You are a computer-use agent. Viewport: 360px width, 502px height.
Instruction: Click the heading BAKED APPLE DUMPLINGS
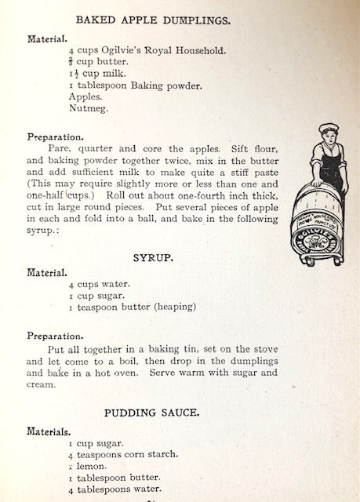coord(175,18)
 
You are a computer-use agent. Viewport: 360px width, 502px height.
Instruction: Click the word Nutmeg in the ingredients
coord(86,109)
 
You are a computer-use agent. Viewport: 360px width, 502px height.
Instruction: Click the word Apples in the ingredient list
coord(85,96)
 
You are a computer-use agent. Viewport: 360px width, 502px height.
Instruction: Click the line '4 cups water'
coord(100,286)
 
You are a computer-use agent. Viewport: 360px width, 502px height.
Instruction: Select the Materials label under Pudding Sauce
coord(50,431)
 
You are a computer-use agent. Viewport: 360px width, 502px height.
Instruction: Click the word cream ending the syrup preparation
coord(65,384)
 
